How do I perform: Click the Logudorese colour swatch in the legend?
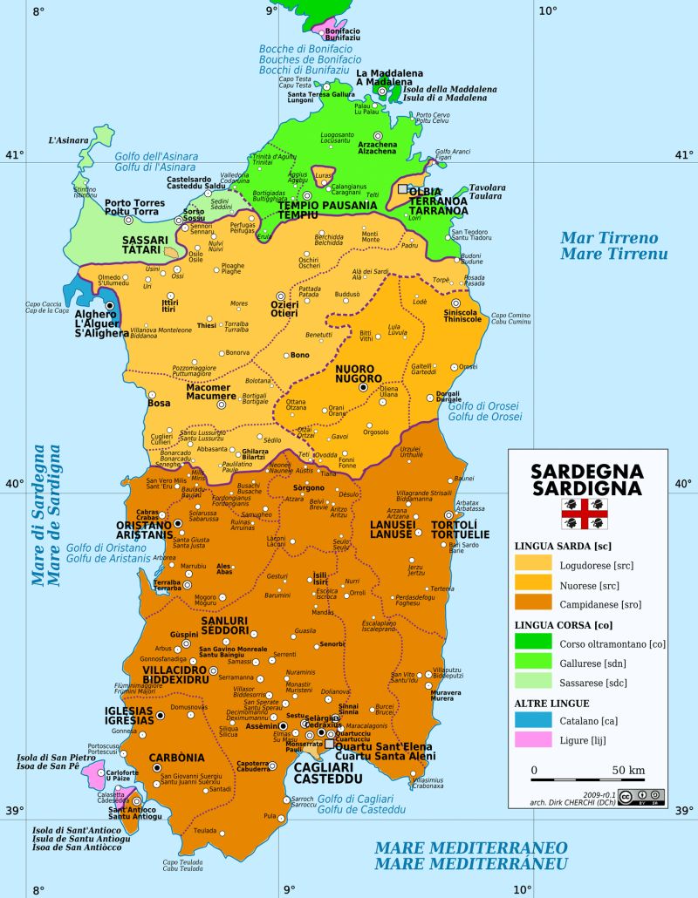[533, 563]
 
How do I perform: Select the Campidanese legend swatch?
[533, 602]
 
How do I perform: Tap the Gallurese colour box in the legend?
[533, 663]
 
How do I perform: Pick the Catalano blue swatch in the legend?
[533, 720]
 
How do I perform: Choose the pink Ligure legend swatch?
[533, 740]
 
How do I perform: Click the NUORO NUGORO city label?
[359, 374]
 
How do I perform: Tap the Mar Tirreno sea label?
[609, 246]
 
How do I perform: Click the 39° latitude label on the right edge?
[681, 809]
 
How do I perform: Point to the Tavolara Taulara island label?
[488, 193]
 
